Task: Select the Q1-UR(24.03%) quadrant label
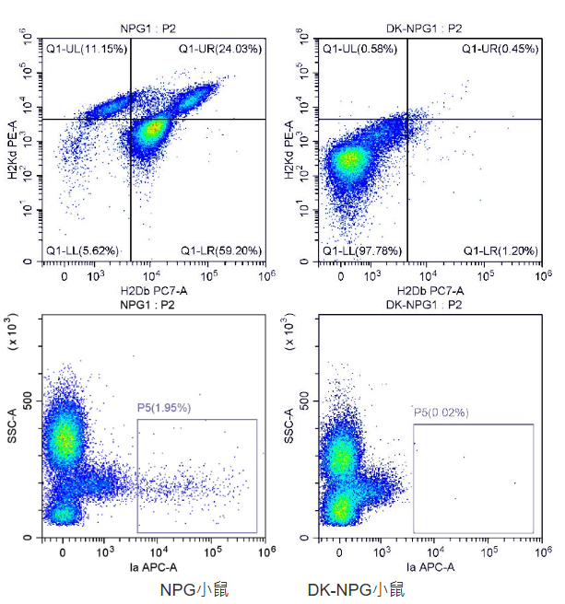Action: coord(220,48)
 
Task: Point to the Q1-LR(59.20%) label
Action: coord(220,250)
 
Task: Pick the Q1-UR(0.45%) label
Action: coord(500,48)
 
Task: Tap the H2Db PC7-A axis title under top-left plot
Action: coord(154,291)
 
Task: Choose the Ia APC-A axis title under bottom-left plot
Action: coord(154,567)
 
